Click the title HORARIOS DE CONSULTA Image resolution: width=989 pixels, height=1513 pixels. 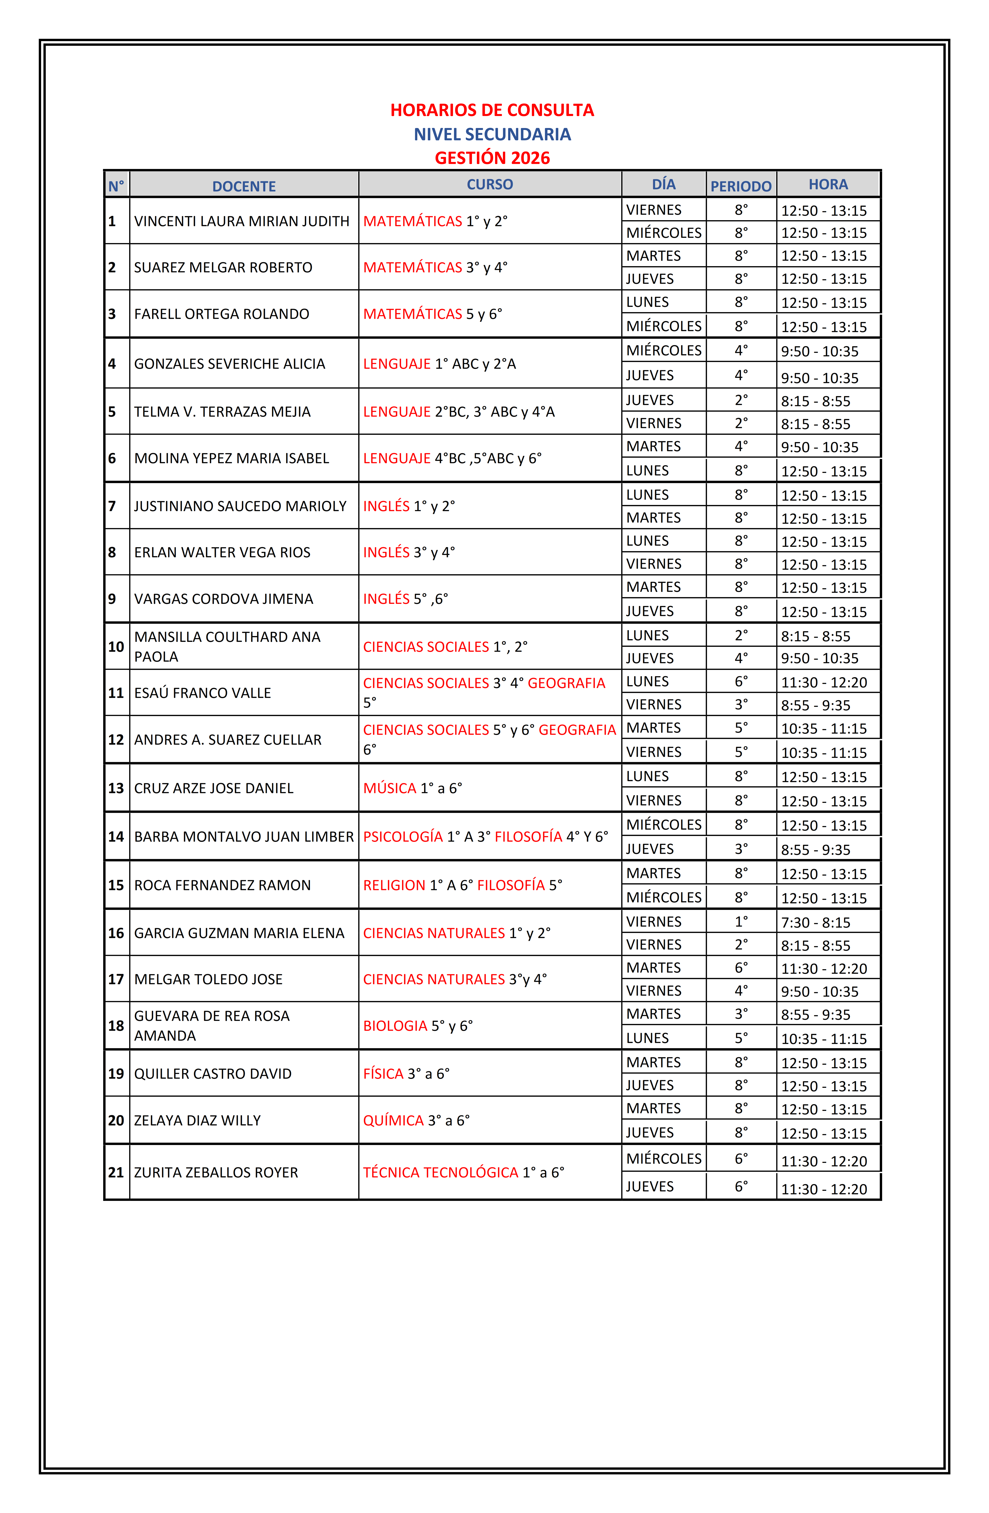[x=492, y=110]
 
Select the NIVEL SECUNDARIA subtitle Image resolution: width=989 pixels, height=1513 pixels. [x=492, y=134]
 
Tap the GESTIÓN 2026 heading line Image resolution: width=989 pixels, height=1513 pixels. [x=492, y=158]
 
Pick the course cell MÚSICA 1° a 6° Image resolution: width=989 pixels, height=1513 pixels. [x=412, y=788]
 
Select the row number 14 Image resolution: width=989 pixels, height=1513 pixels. [x=116, y=837]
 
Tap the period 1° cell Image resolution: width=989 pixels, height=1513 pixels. [x=741, y=921]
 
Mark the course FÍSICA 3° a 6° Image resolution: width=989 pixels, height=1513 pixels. [x=406, y=1074]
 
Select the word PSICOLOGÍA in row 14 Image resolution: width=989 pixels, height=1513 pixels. [x=402, y=837]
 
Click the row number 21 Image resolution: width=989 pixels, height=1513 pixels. [x=116, y=1172]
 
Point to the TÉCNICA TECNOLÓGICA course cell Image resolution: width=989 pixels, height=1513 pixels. [x=463, y=1172]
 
